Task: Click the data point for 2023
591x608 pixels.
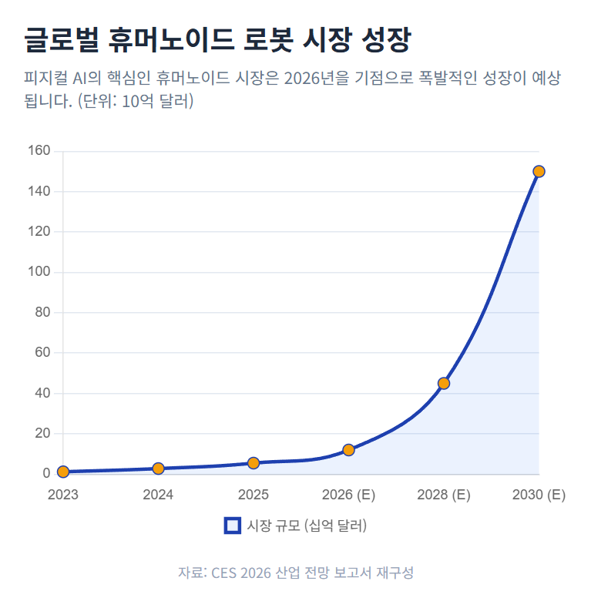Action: [x=63, y=472]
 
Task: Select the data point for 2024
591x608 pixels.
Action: [x=158, y=469]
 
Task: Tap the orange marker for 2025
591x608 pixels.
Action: [x=254, y=463]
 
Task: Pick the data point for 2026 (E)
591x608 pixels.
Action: [x=348, y=450]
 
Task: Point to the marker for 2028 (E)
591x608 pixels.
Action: [x=443, y=383]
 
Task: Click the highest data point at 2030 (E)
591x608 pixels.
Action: [x=539, y=171]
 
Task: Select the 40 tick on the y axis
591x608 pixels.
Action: [x=44, y=393]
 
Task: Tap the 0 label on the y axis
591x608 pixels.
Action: [x=47, y=474]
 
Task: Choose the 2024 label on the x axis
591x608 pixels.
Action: [x=158, y=495]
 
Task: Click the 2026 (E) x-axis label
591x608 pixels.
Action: [x=348, y=495]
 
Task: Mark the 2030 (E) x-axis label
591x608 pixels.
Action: [x=539, y=495]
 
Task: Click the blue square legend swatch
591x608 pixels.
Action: [x=232, y=526]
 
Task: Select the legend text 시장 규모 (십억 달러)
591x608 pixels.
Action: [x=307, y=526]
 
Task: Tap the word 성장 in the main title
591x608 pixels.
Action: [x=384, y=39]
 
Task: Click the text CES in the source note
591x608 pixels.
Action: [x=224, y=573]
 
